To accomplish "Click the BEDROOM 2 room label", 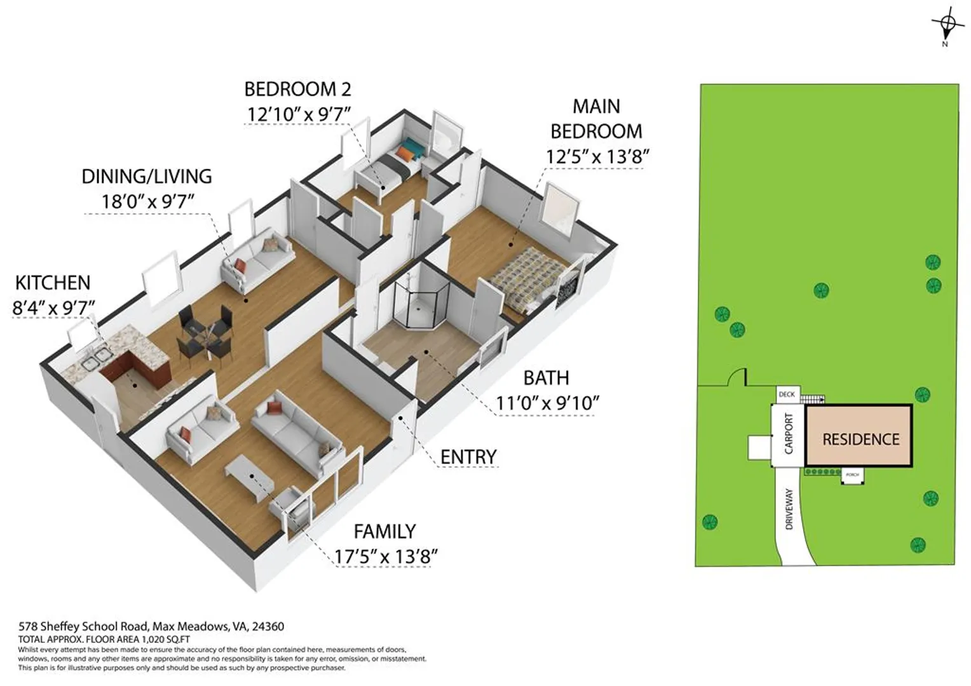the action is pos(297,90).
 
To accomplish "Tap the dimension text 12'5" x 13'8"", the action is pos(597,156).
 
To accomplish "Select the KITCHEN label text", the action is pos(53,283).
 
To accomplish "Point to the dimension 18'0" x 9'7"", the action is pos(147,201).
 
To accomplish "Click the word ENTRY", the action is pos(468,457).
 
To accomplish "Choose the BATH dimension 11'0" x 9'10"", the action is pos(547,403).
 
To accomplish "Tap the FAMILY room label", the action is pos(385,531).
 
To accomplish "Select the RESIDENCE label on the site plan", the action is pos(861,440).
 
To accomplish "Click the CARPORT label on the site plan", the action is pos(789,434).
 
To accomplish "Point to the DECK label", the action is pos(787,394).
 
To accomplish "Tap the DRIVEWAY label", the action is pos(789,509).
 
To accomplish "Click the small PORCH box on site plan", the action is pos(852,475).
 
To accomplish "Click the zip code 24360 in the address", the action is pos(268,626).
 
